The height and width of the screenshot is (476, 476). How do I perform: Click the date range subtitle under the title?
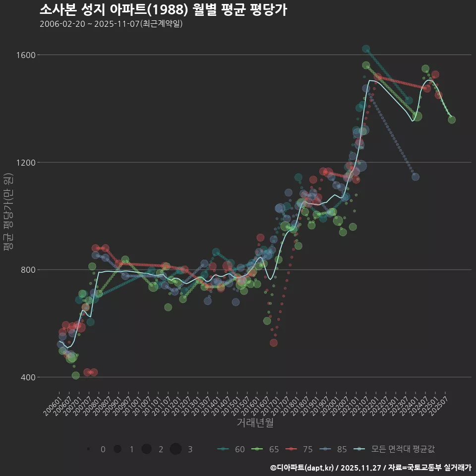[111, 24]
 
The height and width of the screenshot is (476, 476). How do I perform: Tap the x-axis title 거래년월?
[255, 423]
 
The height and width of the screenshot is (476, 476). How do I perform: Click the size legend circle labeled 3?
[176, 449]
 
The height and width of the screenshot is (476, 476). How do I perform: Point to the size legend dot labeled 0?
[88, 449]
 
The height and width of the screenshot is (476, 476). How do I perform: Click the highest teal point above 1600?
[366, 49]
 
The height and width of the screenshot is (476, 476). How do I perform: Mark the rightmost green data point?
[452, 119]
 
